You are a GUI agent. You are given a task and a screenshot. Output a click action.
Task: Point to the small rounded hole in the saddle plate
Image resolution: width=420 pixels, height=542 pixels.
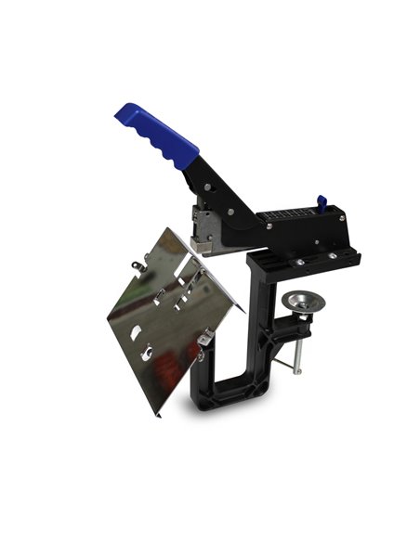(138, 329)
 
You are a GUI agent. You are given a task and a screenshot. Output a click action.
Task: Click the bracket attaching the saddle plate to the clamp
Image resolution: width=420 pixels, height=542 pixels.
(203, 345)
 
